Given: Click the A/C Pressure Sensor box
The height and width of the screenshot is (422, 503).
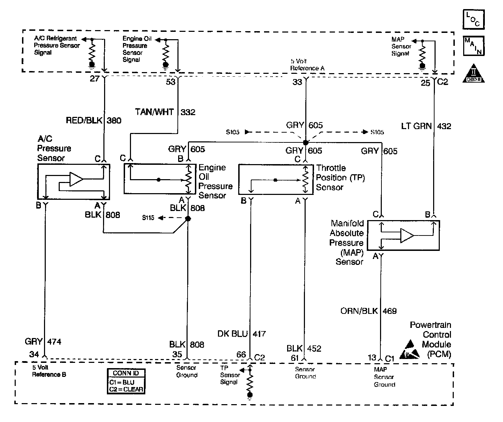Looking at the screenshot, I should [x=74, y=182].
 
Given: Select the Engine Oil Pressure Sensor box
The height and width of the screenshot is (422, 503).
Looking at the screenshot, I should [x=160, y=179].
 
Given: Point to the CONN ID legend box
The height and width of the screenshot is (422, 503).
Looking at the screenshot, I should [x=125, y=381].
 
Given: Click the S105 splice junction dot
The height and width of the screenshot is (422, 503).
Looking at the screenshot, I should [x=306, y=143].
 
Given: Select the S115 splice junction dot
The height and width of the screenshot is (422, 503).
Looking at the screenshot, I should [x=188, y=219].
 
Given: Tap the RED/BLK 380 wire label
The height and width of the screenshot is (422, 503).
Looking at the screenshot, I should [x=94, y=121].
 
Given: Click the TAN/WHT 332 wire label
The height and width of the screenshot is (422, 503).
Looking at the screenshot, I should [x=165, y=112].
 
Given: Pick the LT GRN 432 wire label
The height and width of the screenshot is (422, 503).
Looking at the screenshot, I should [x=426, y=126].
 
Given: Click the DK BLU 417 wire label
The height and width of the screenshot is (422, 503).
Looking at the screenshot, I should [x=241, y=334].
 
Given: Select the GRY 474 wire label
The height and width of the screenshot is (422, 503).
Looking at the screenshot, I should [x=43, y=342].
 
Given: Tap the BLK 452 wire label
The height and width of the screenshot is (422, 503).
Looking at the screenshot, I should [x=304, y=349].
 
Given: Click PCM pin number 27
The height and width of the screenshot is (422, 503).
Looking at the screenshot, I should [x=95, y=78].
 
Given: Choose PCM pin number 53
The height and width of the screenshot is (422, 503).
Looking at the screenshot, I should [x=170, y=82].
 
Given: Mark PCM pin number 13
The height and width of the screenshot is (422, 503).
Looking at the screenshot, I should [x=372, y=357].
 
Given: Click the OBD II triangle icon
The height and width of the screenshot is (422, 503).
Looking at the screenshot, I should [x=474, y=73].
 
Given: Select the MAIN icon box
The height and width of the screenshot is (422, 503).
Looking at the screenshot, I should [x=474, y=46].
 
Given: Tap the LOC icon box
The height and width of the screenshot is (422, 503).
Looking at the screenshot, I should [x=474, y=19].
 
